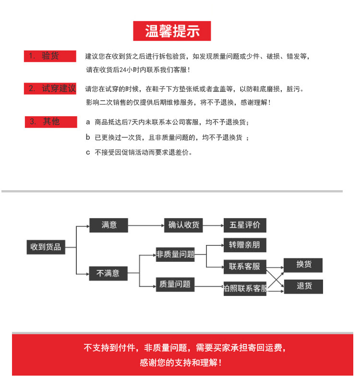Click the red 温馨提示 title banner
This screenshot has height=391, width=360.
click(172, 31)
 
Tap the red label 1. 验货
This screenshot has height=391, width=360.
click(50, 56)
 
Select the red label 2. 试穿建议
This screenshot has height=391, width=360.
click(50, 88)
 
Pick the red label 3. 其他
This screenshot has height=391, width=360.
click(51, 122)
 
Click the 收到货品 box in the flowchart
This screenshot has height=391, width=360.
click(46, 247)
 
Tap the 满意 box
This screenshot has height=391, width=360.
click(109, 225)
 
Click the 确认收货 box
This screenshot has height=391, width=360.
click(184, 225)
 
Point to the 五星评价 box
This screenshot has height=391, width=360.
click(245, 225)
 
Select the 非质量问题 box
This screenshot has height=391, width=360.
click(175, 255)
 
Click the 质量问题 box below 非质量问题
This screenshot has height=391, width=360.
click(175, 284)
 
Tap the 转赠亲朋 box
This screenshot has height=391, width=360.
click(245, 245)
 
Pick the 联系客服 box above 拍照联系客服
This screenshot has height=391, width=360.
click(245, 267)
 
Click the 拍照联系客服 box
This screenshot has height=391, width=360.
click(245, 289)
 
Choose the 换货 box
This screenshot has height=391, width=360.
click(303, 265)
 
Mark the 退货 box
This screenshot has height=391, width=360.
click(303, 286)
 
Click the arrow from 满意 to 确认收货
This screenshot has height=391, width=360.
click(146, 225)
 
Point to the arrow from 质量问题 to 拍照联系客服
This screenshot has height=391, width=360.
click(209, 287)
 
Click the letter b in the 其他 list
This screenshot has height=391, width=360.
click(88, 137)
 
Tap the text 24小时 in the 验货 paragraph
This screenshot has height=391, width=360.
click(126, 70)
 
